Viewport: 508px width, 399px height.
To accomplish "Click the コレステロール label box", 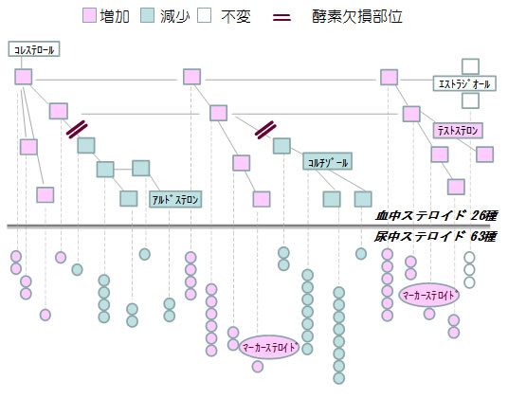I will pos(34,48).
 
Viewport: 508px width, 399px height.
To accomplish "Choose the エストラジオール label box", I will pos(463,83).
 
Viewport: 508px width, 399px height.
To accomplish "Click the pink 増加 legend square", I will pos(90,16).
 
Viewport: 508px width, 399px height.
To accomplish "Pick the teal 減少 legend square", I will pos(148,16).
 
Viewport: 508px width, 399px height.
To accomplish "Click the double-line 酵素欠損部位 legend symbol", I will pos(283,17).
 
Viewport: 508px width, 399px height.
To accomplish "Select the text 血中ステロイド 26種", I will pos(437,215).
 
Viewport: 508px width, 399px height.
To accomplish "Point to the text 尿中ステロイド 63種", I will pos(437,235).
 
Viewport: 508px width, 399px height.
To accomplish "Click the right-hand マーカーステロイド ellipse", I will pos(430,295).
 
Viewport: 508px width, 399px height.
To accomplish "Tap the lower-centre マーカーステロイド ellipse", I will pos(270,347).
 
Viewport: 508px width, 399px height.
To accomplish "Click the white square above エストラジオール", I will pos(470,66).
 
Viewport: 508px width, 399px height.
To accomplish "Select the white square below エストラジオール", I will pos(470,100).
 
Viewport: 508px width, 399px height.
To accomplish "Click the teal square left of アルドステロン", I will pos(129,198).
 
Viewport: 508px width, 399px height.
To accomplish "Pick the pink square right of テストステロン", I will pos(484,154).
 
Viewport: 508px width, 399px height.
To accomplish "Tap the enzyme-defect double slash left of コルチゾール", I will pos(266,128).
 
